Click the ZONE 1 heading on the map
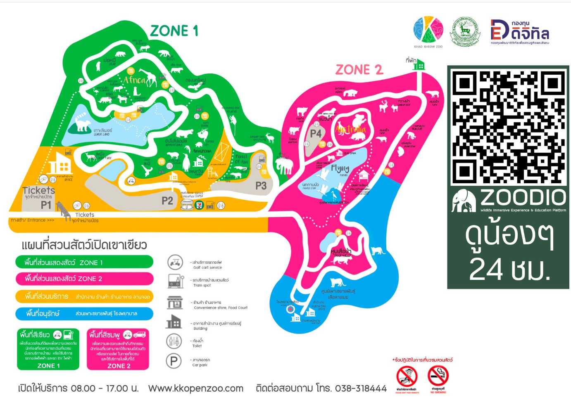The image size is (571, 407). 174,31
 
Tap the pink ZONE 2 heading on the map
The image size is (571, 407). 359,70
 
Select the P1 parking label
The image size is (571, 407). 46,205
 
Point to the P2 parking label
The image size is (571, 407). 167,201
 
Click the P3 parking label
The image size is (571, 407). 261,186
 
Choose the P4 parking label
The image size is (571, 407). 316,133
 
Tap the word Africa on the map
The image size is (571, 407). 135,80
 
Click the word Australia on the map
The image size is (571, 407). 351,130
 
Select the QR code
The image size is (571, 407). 509,127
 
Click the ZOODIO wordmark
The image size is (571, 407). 523,198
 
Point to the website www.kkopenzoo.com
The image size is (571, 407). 196,388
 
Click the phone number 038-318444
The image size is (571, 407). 361,388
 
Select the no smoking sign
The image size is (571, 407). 438,376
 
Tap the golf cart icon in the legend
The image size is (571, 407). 175,262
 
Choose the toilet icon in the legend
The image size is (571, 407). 174,341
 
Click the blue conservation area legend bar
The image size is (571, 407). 84,314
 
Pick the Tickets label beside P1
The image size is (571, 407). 38,190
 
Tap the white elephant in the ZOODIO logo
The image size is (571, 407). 464,201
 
